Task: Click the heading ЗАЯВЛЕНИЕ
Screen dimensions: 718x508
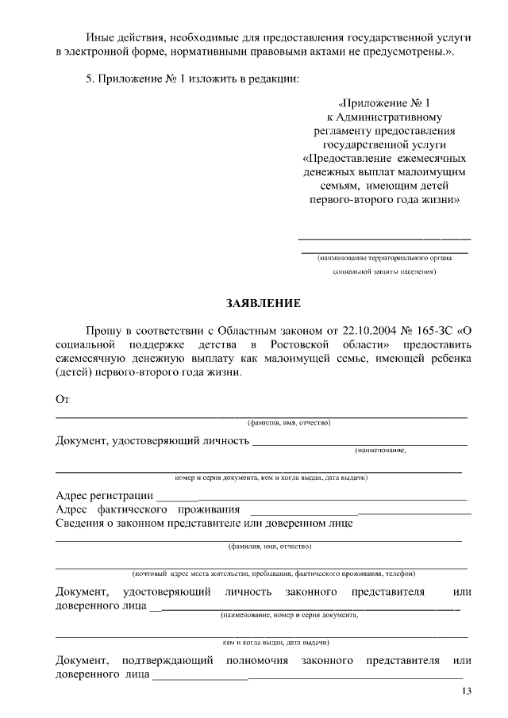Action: pyautogui.click(x=264, y=303)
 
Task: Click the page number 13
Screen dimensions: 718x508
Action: pyautogui.click(x=466, y=692)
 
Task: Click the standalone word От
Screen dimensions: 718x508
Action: pyautogui.click(x=63, y=398)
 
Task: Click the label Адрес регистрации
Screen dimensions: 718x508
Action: pyautogui.click(x=104, y=495)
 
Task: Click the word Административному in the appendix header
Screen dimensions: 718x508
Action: pyautogui.click(x=393, y=117)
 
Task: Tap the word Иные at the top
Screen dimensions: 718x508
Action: pyautogui.click(x=100, y=36)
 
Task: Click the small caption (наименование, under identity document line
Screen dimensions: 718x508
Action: pyautogui.click(x=380, y=450)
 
